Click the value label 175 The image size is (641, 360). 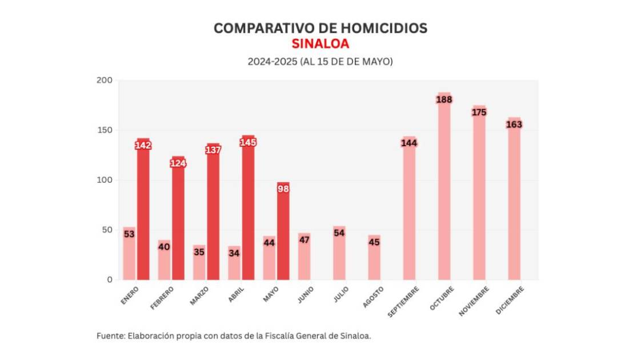tap(479, 113)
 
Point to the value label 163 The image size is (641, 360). tap(514, 125)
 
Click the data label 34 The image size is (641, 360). tap(234, 253)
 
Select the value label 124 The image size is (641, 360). tap(178, 163)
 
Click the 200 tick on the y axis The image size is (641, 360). tap(104, 81)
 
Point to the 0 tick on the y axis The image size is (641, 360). tap(109, 280)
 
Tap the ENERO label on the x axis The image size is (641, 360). tap(130, 297)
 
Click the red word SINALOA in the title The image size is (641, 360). tap(320, 44)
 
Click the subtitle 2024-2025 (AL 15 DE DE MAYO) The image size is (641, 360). tap(320, 61)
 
